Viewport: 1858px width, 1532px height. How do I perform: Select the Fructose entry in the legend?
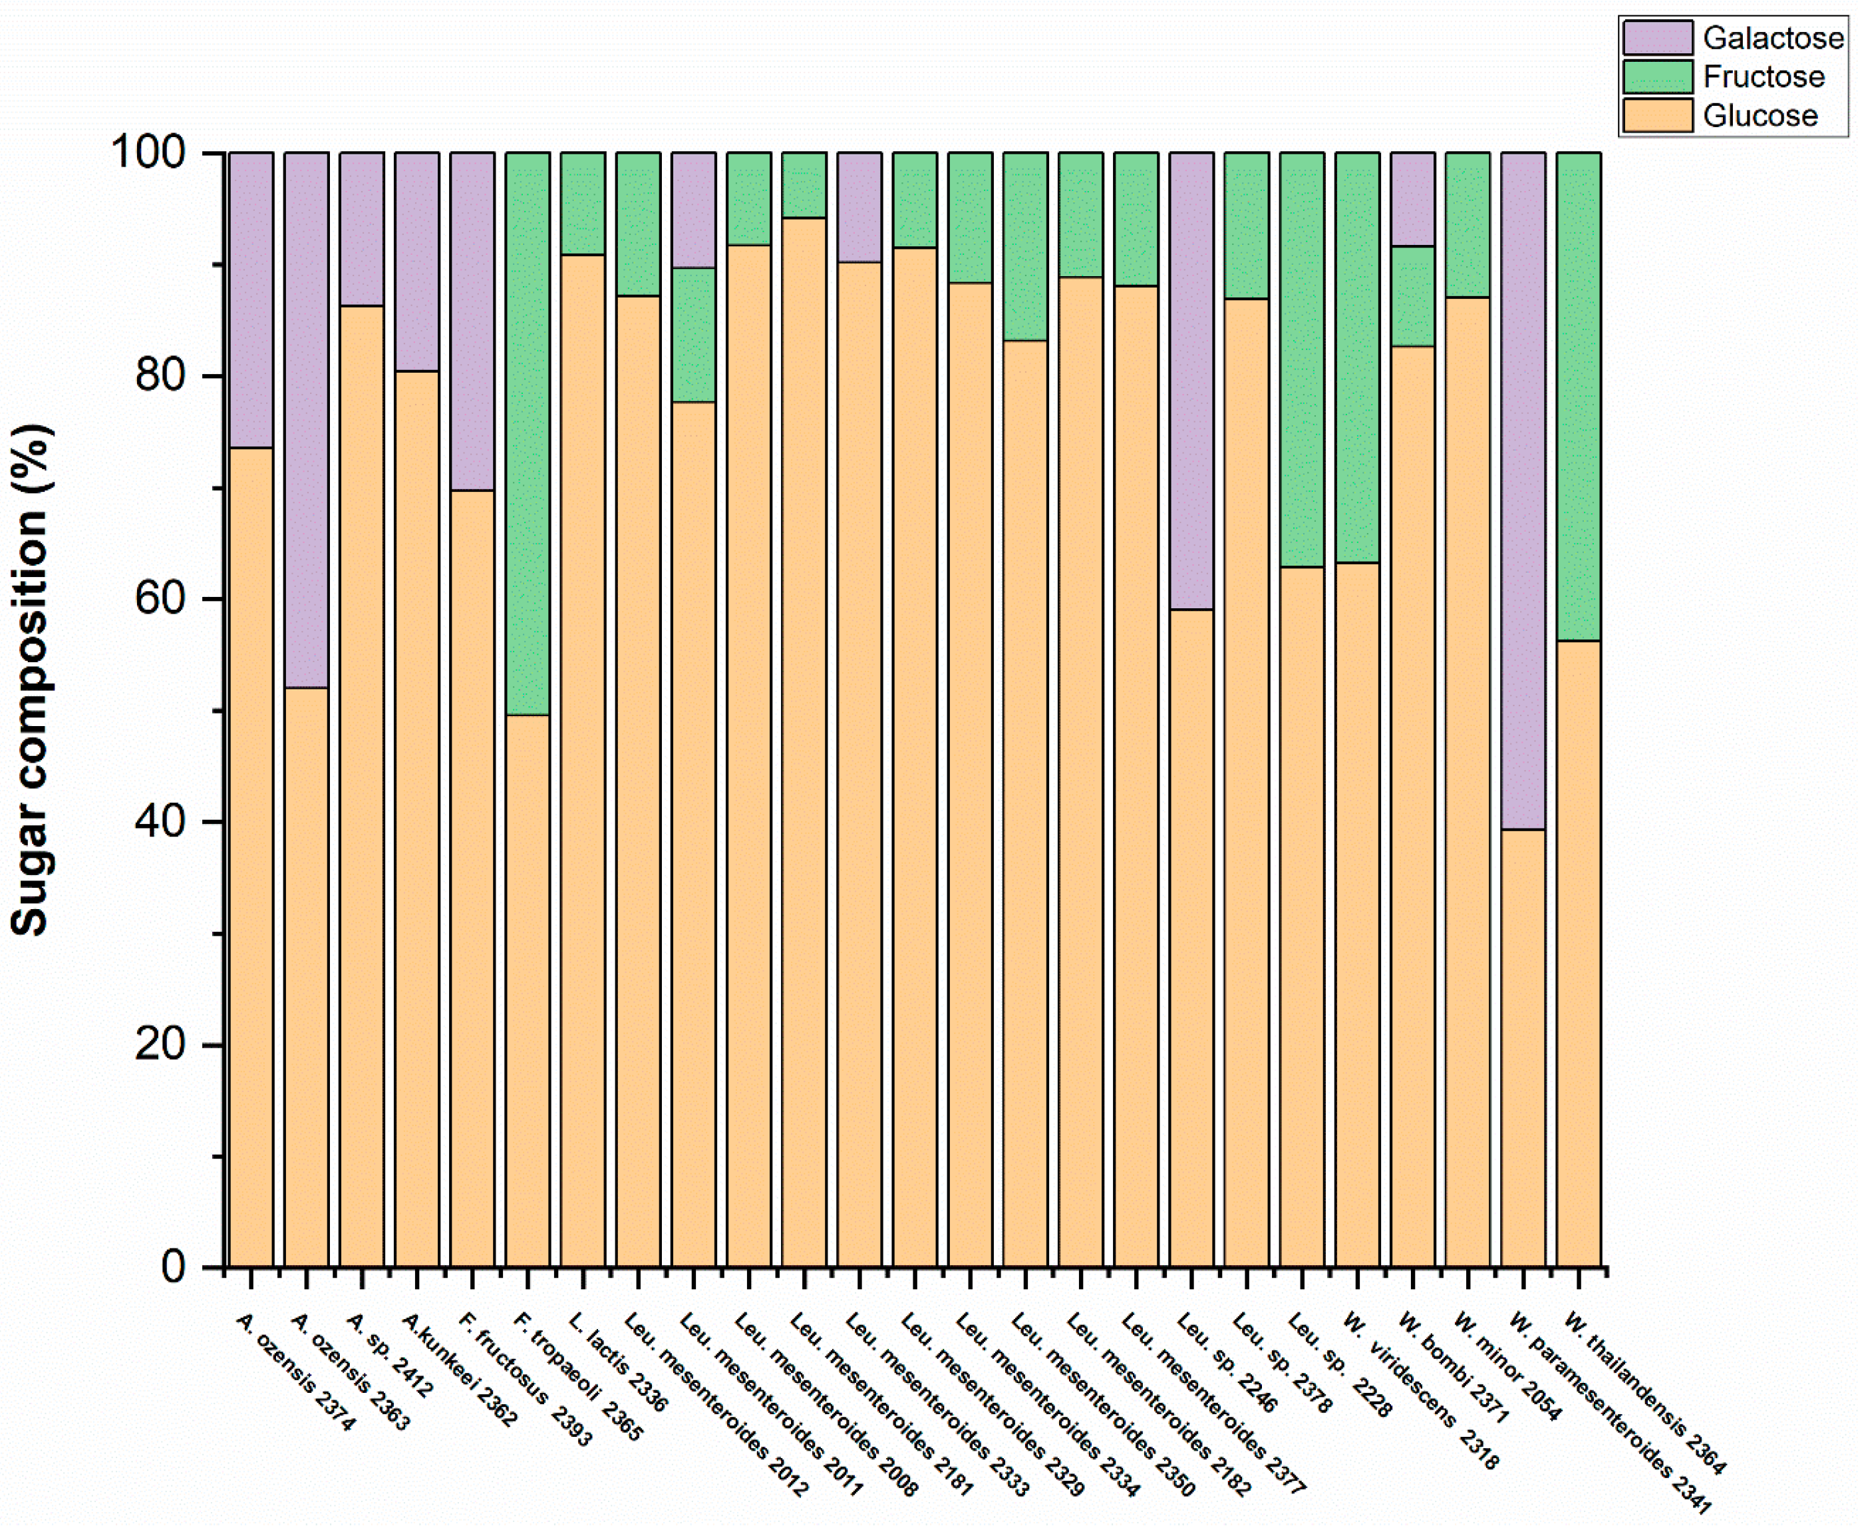[1763, 77]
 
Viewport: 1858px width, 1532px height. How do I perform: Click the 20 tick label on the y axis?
[160, 1045]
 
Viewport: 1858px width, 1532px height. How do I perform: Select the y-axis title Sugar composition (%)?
[31, 679]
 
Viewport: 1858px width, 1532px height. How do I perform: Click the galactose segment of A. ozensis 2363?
[306, 419]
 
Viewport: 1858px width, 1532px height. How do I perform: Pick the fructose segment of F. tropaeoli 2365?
[528, 433]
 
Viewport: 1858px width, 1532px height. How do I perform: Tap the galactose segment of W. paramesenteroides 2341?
[1523, 490]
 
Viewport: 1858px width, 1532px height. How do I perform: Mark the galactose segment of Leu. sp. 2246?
[1191, 379]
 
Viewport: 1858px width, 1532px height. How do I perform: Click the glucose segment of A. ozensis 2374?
[251, 856]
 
